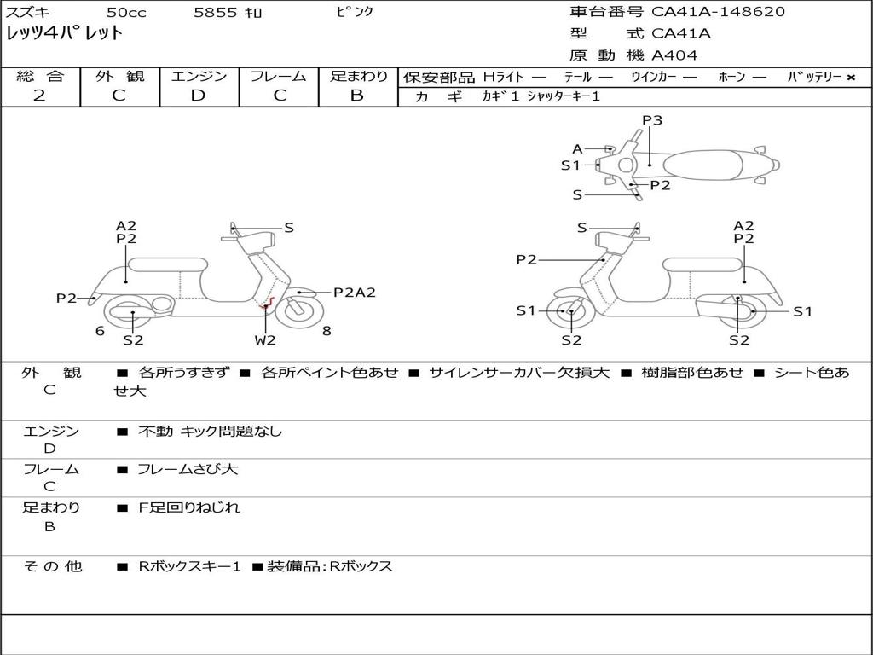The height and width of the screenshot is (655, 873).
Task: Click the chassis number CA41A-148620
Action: pyautogui.click(x=718, y=12)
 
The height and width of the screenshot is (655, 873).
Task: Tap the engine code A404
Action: pyautogui.click(x=674, y=55)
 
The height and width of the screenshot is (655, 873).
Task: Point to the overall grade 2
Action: pyautogui.click(x=39, y=96)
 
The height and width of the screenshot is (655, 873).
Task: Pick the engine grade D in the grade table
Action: pyautogui.click(x=198, y=96)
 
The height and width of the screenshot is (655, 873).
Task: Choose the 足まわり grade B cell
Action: pyautogui.click(x=357, y=96)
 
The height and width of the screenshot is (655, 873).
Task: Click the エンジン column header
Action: pyautogui.click(x=199, y=77)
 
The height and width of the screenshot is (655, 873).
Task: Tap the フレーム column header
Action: pyautogui.click(x=278, y=77)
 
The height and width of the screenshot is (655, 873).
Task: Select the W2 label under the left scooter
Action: pyautogui.click(x=265, y=340)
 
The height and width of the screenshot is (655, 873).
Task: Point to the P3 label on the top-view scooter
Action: pyautogui.click(x=652, y=120)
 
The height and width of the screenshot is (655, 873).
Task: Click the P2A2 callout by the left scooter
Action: pyautogui.click(x=354, y=293)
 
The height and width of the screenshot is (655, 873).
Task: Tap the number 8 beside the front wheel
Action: pyautogui.click(x=327, y=331)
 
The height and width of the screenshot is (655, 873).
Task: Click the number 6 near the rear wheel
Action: pyautogui.click(x=100, y=331)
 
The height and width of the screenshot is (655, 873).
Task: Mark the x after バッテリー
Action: pyautogui.click(x=850, y=78)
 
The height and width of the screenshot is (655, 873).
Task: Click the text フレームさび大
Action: pyautogui.click(x=188, y=469)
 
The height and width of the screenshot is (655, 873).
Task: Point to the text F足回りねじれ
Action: pyautogui.click(x=189, y=507)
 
